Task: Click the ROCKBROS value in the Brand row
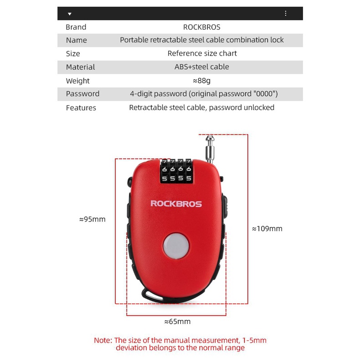201,27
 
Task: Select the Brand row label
76,27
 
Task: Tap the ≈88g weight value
201,80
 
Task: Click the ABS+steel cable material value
201,67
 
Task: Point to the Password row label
82,93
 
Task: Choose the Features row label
81,108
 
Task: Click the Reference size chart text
202,53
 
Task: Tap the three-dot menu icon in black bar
286,14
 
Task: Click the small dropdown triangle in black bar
70,14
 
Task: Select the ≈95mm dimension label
92,219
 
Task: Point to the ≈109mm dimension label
267,228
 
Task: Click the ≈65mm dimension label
177,321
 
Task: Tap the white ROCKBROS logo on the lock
176,204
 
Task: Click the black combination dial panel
176,171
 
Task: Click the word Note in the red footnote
103,340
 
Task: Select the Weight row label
77,81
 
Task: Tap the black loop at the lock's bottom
150,295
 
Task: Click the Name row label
76,40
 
